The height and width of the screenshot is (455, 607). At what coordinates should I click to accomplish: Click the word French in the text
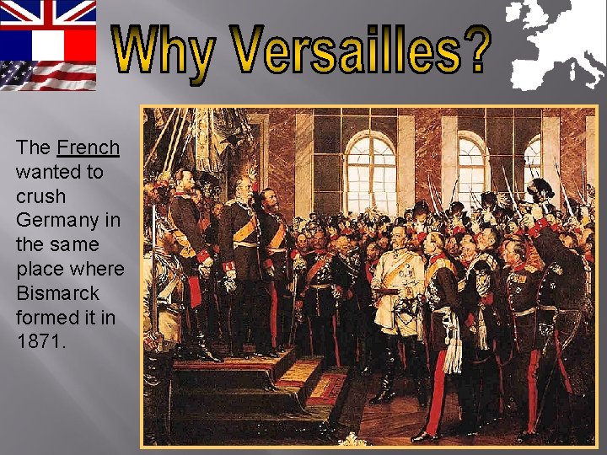point(88,147)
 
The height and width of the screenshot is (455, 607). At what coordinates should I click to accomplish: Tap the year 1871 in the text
point(38,342)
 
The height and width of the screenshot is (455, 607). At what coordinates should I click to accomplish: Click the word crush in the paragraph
point(40,196)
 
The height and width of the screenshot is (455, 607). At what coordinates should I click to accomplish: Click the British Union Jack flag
point(48,14)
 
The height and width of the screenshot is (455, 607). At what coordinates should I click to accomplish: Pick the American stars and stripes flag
point(48,75)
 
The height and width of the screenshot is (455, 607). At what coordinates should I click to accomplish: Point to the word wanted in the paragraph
point(59,172)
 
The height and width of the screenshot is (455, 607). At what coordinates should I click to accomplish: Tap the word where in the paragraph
point(95,270)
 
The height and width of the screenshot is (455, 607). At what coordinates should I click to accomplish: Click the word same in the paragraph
point(75,245)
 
